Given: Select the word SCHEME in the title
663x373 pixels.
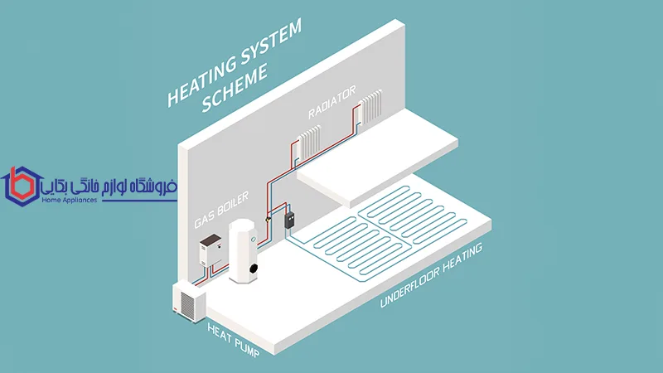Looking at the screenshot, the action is click(x=235, y=88).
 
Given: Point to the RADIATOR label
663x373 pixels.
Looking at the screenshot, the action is click(x=332, y=102).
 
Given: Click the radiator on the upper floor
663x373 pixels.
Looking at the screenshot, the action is click(x=370, y=107).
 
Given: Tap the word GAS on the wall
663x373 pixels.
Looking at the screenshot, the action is click(x=204, y=219).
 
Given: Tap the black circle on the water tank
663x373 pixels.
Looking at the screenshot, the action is click(x=254, y=268).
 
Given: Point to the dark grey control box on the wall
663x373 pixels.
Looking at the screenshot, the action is click(x=289, y=220).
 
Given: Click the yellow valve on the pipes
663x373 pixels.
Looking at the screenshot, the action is click(x=268, y=219).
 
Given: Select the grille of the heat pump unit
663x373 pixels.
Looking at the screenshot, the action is click(x=187, y=304).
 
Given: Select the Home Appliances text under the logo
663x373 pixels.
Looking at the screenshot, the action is click(x=70, y=200).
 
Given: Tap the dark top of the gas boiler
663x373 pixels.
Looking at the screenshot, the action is click(x=211, y=240).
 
